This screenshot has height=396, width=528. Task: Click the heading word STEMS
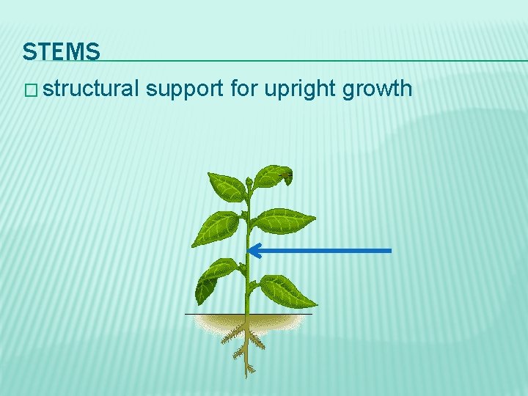coord(61,52)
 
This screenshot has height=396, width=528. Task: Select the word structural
coord(91,89)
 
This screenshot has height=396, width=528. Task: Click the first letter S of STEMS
coord(29,52)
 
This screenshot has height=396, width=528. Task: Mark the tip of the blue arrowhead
coord(249,251)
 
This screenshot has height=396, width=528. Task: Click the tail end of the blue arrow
coord(391,251)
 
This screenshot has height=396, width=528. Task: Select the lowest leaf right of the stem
coord(287,290)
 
